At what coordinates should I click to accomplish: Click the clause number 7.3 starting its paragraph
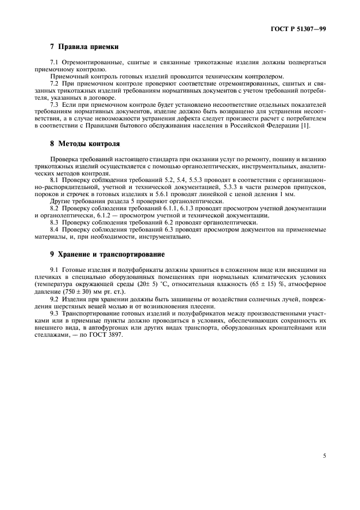(54, 104)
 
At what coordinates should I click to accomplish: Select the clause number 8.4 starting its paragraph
(54, 230)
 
